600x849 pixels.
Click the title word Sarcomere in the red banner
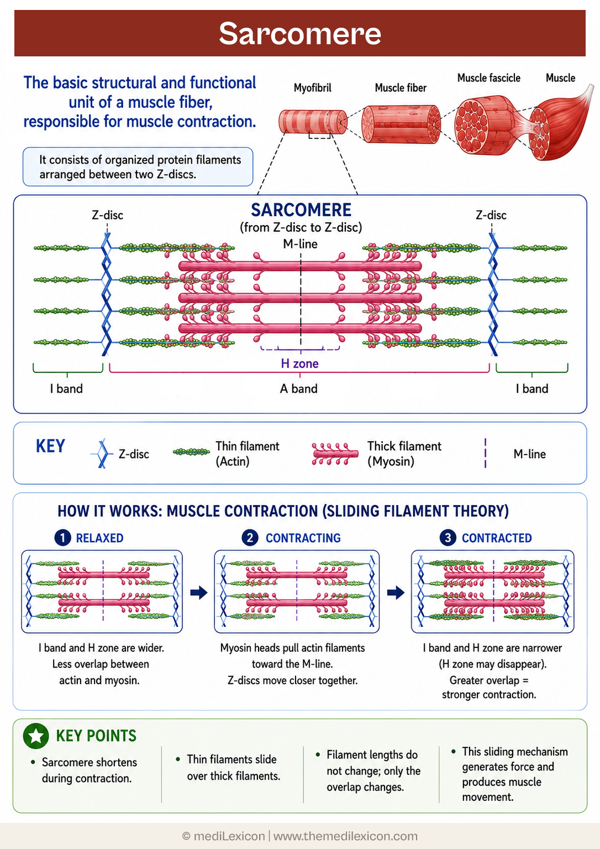(299, 33)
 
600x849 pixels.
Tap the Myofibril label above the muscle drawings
(313, 88)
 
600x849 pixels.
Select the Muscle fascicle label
(488, 78)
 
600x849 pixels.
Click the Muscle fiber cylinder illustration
(401, 124)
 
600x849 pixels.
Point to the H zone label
(299, 364)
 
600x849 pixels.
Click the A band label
(298, 389)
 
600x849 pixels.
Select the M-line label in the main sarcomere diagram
(300, 244)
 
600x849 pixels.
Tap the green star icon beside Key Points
(36, 736)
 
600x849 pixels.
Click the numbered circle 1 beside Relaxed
(63, 537)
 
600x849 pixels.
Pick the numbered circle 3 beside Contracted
(448, 537)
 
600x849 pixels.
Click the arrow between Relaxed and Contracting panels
(198, 593)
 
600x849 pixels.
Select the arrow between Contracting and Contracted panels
(396, 593)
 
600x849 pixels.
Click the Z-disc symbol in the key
(102, 453)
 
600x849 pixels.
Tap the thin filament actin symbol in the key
(191, 452)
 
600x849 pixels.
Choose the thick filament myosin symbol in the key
(335, 453)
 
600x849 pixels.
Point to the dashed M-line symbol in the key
(485, 453)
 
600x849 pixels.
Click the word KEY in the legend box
(50, 446)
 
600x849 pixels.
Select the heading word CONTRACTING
(303, 538)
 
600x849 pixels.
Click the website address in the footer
(345, 836)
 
